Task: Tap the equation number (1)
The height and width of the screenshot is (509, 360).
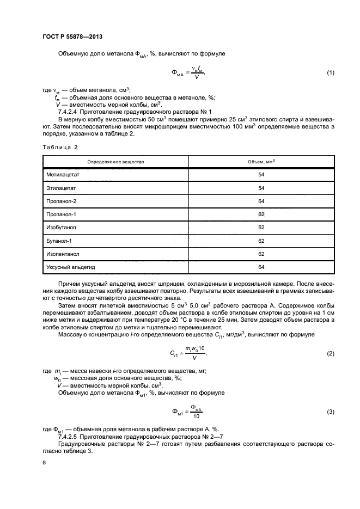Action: click(330, 73)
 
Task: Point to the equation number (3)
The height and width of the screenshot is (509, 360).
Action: click(330, 412)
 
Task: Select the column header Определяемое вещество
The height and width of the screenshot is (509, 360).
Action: click(115, 162)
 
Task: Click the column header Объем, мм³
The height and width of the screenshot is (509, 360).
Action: click(261, 162)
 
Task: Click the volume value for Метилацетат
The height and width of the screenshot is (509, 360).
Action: click(261, 175)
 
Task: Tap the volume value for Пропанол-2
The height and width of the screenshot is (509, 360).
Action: click(261, 201)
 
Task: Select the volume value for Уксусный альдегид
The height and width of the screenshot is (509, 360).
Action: click(261, 266)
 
